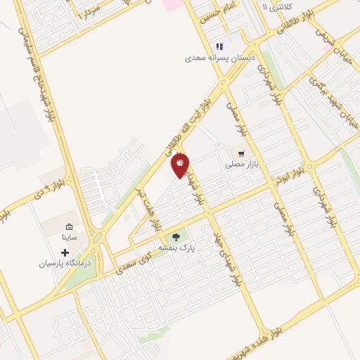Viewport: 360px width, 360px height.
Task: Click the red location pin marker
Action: (180, 165)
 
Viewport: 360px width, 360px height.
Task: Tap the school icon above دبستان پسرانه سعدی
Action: (220, 46)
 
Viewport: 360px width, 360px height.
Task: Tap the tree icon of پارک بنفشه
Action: (176, 236)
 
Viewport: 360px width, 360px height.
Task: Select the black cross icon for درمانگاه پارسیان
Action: (65, 252)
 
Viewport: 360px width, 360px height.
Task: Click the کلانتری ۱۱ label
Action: (274, 6)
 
